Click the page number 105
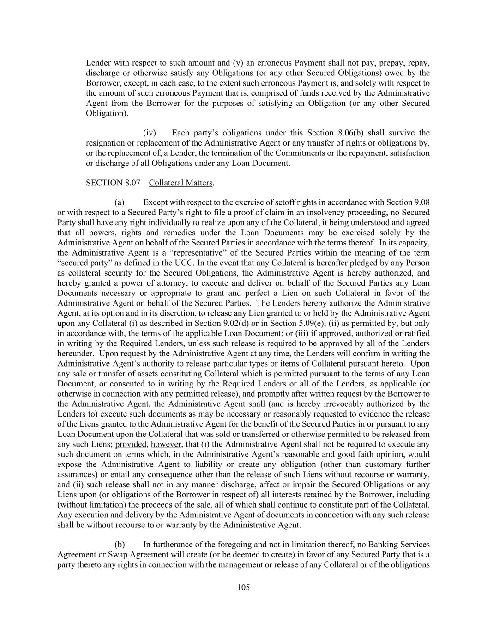pos(243,588)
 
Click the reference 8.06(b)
pos(366,133)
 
